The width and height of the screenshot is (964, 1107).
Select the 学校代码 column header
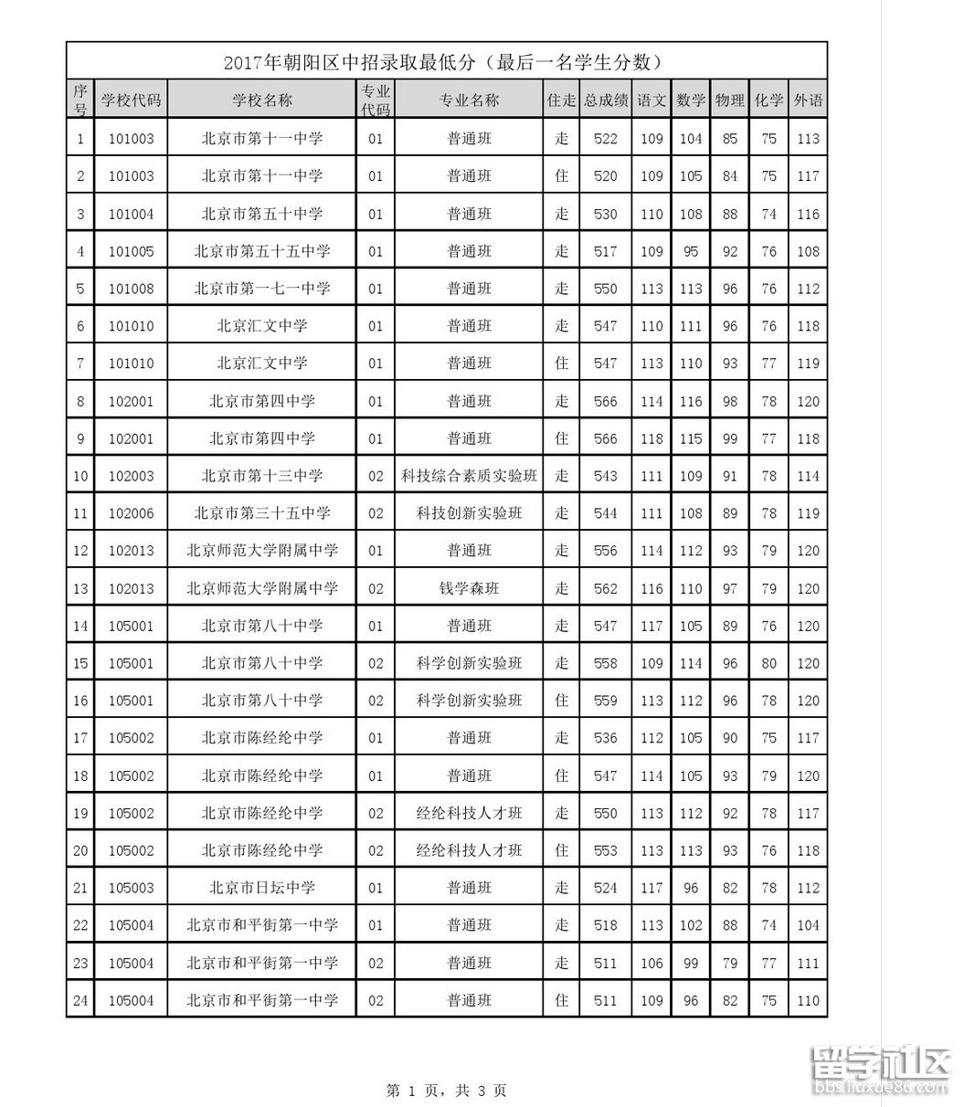coord(131,100)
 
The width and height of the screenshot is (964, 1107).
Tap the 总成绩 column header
coord(606,100)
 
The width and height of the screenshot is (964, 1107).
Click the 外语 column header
coord(808,100)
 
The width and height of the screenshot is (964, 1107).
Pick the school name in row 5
coord(262,289)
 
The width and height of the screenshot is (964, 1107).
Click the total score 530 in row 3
coord(606,214)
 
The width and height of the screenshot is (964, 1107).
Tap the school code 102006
coord(131,513)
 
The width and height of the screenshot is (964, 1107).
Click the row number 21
coord(80,888)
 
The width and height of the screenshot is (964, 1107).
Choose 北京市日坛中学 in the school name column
coord(262,888)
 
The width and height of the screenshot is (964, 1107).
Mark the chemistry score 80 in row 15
coord(768,663)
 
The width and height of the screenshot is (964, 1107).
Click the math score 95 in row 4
coord(691,251)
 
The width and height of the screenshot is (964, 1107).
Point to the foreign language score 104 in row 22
coord(808,925)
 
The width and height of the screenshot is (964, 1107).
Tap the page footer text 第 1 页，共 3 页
coord(447,1090)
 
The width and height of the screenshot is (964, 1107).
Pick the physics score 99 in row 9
coord(729,438)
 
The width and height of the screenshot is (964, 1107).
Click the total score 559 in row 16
coord(606,701)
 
